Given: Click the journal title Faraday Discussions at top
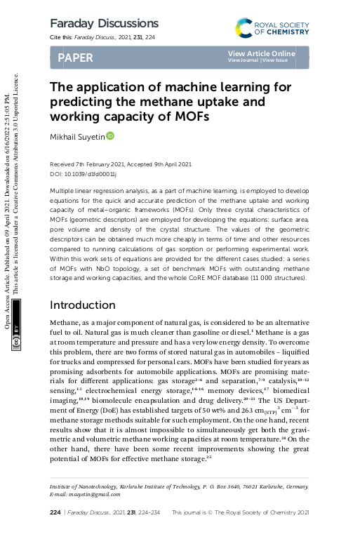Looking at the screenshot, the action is tap(104, 24).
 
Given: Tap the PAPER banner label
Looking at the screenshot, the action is tap(75, 58).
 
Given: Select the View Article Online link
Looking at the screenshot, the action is tap(261, 53).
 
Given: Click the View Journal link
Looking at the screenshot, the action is tap(243, 61).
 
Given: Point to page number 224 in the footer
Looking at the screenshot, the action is tap(55, 513).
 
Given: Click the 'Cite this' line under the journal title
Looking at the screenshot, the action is tap(102, 37).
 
